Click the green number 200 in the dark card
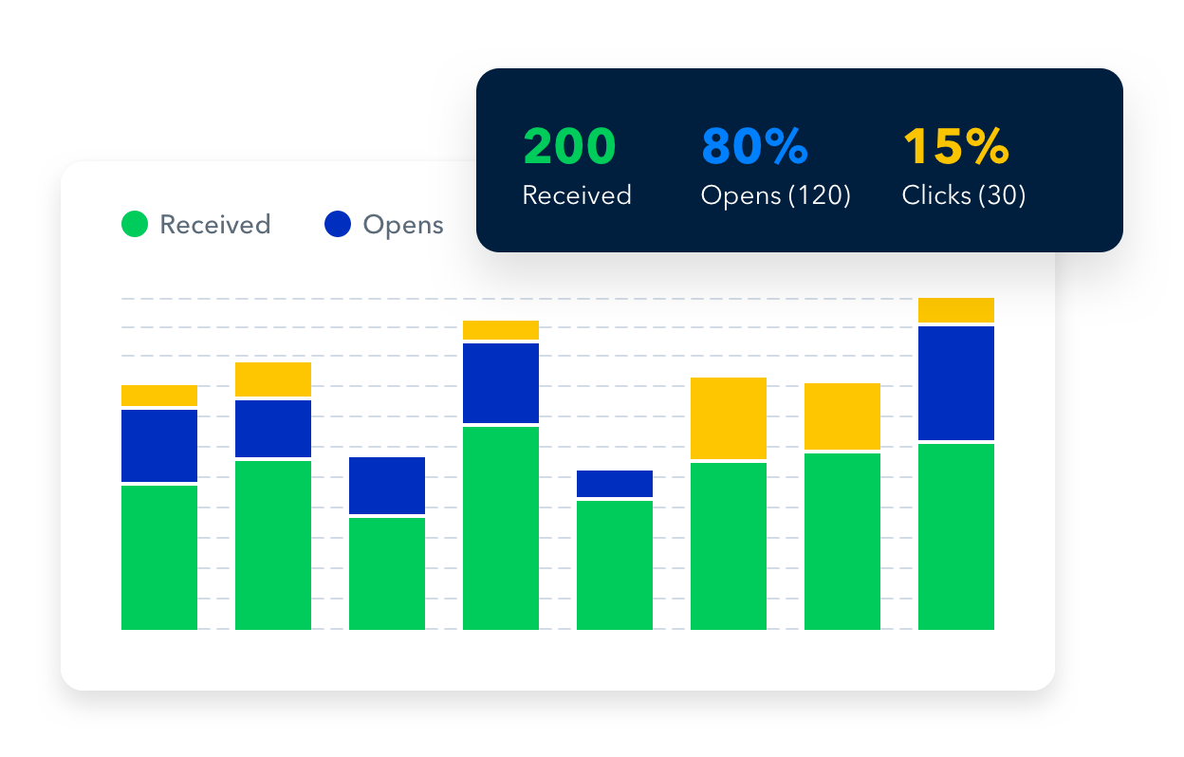[x=569, y=146]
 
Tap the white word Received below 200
[x=577, y=195]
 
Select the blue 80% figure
[x=754, y=146]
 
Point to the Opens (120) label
[x=775, y=195]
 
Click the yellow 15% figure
[x=954, y=146]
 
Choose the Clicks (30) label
[x=963, y=195]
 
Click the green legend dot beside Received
[x=135, y=225]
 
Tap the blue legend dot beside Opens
[x=339, y=225]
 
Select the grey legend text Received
[x=215, y=225]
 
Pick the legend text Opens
[x=403, y=225]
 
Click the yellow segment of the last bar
[x=956, y=310]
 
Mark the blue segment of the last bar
[x=956, y=382]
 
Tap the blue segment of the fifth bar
[x=615, y=484]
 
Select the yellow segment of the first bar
[x=159, y=396]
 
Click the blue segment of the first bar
[x=159, y=446]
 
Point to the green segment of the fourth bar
[x=501, y=527]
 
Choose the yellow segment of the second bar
[x=273, y=379]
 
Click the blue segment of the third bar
[x=387, y=486]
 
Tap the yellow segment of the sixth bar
[x=729, y=418]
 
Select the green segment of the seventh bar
[x=842, y=541]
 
